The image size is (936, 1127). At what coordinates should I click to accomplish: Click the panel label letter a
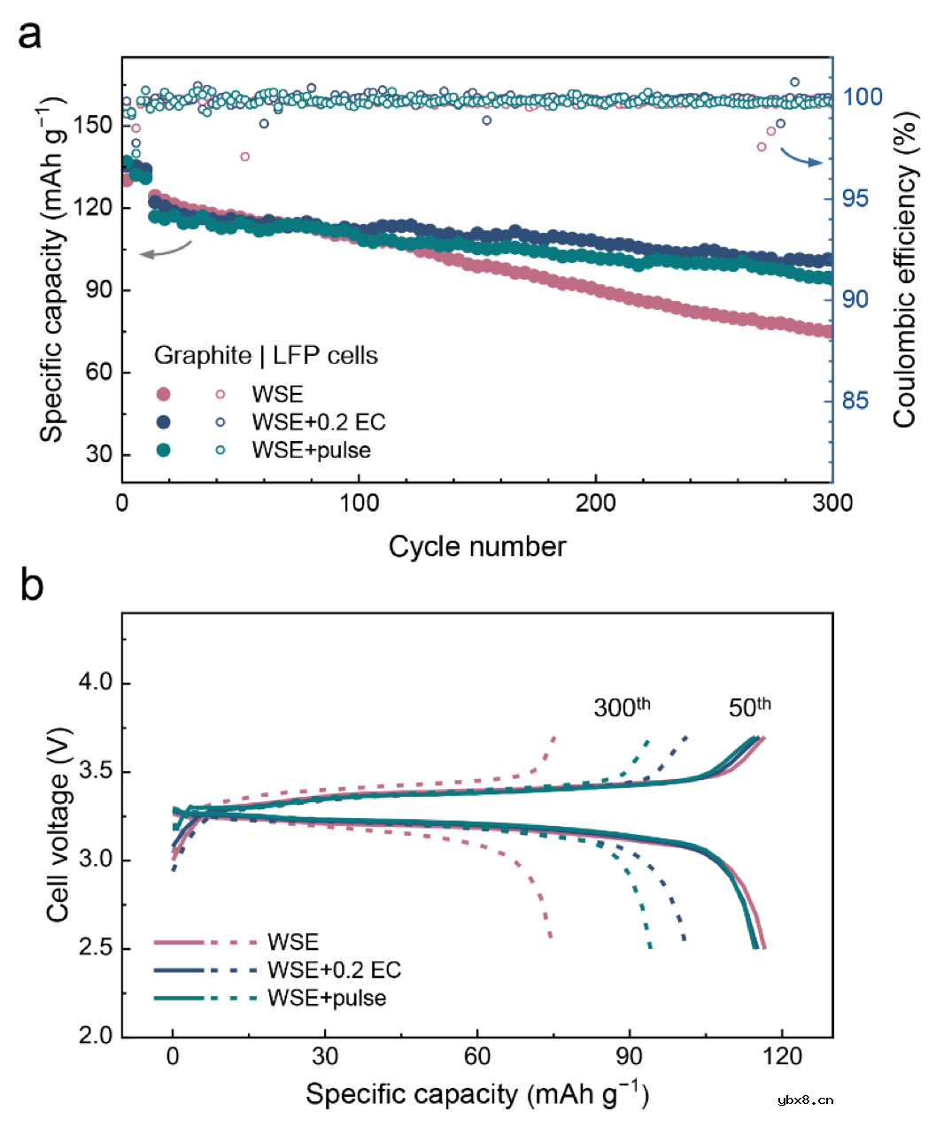click(30, 35)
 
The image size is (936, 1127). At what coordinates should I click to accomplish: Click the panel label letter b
click(31, 585)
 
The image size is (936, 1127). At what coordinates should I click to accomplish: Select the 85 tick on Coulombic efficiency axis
click(855, 401)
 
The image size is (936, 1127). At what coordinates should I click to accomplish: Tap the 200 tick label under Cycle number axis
click(595, 504)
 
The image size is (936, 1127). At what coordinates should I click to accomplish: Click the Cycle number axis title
click(477, 546)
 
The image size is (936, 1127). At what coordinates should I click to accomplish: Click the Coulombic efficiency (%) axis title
click(903, 270)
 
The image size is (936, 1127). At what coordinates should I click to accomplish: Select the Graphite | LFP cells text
click(266, 356)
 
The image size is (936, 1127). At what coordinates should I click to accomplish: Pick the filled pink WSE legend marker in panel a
click(163, 394)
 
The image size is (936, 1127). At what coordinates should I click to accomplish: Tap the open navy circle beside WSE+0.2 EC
click(220, 422)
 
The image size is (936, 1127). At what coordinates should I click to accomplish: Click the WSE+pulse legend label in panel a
click(311, 450)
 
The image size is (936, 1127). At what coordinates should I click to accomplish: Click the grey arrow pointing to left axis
click(165, 251)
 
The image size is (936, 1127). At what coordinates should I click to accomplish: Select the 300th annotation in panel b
click(622, 706)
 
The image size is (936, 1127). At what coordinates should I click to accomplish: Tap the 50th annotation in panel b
click(749, 706)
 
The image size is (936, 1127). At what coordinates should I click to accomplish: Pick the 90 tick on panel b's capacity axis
click(630, 1056)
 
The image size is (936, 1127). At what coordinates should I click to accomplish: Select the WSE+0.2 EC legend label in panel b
click(334, 970)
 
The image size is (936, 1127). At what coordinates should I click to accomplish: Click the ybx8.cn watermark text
click(805, 1100)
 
